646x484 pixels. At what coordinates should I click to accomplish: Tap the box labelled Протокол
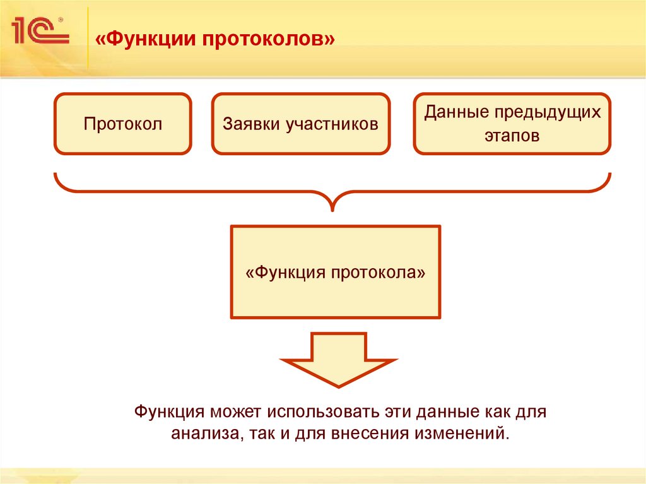click(x=122, y=124)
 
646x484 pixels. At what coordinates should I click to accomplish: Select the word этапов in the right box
click(x=512, y=135)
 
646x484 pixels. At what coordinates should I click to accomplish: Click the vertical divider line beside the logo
click(x=88, y=38)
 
